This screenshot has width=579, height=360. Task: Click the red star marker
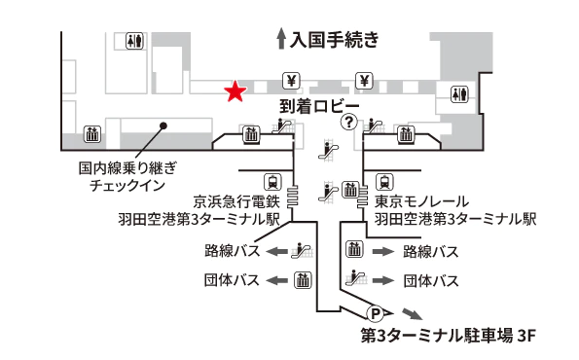coord(235,91)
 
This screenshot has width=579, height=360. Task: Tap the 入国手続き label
coord(333,39)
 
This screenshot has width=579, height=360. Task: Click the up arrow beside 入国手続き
coord(281,39)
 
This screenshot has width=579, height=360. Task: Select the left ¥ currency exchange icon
coord(290,80)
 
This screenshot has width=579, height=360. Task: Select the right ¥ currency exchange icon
coord(365,80)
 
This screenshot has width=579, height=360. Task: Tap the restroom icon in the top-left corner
coord(135,42)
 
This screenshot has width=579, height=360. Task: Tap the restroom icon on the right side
coord(460,94)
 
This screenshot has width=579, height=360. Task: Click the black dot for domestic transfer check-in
coord(164,125)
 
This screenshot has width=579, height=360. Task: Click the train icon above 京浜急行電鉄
coord(273,180)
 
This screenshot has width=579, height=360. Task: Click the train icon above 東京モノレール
coord(386,180)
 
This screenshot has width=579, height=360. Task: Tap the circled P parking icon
coord(374,312)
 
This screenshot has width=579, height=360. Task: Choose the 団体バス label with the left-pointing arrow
coord(233,280)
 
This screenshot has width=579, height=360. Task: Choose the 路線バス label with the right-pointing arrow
coord(430,252)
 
